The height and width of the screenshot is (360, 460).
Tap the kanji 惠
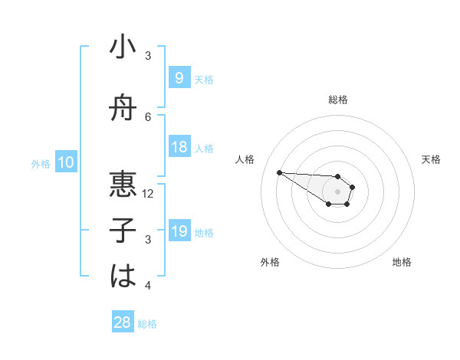pos(123,185)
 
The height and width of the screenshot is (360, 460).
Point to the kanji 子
pos(123,230)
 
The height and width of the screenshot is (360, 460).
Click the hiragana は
pos(123,276)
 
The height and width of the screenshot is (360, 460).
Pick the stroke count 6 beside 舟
pos(149,116)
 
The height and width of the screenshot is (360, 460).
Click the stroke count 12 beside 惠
pos(149,193)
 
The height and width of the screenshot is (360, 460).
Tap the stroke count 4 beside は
pos(149,286)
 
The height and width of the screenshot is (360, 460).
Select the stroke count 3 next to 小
pos(149,55)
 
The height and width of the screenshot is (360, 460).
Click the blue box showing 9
pos(179,77)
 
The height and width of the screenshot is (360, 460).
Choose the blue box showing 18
pos(179,148)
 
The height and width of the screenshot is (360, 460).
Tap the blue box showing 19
pos(179,232)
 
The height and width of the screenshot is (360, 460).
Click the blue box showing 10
pos(66,162)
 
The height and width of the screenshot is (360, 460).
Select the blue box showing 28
pos(123,323)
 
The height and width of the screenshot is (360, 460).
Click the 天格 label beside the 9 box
pos(204,79)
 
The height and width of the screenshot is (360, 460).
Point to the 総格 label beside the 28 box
pos(147,324)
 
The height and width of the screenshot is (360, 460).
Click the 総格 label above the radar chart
pos(338,100)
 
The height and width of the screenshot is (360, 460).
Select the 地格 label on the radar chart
pos(402,262)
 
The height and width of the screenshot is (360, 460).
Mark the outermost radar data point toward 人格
pos(279,172)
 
